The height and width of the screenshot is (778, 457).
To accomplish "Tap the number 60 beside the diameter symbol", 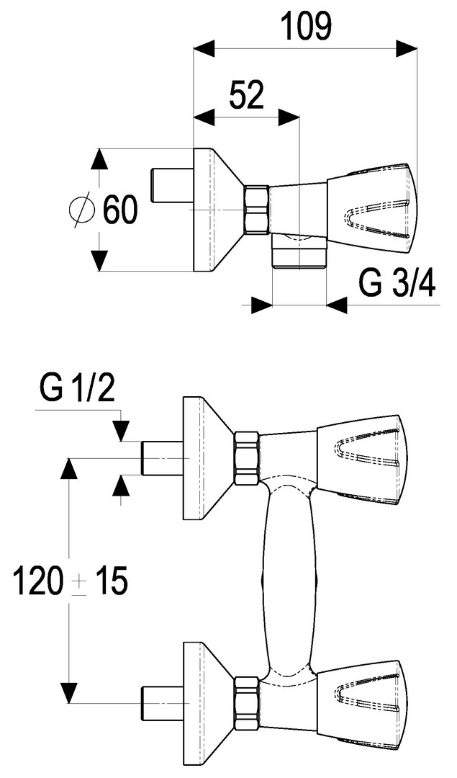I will (x=119, y=210).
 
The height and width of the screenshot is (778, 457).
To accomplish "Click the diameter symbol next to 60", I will (x=81, y=210).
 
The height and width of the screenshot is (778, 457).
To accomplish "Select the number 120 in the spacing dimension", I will (x=37, y=581).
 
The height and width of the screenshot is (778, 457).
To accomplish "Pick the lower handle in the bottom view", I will (x=360, y=697).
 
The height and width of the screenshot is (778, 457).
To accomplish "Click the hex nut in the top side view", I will (x=256, y=210).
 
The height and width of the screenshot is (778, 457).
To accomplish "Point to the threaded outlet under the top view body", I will (x=299, y=253).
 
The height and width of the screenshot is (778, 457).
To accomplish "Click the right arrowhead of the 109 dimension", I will (x=407, y=49).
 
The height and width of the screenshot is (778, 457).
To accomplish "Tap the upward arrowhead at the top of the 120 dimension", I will (x=69, y=469).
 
